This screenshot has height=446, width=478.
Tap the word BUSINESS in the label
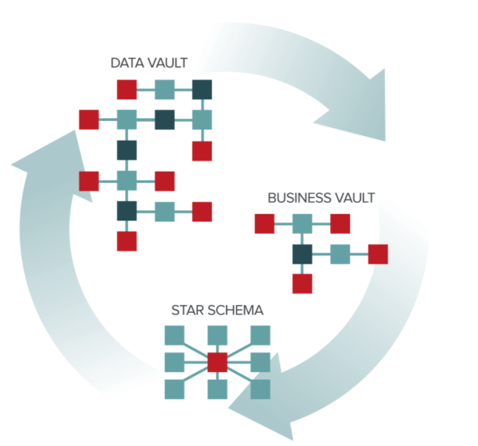tap(293, 198)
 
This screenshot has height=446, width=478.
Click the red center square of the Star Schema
tap(218, 362)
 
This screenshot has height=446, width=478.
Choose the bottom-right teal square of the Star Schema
tap(260, 388)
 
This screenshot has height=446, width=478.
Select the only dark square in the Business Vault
tap(302, 254)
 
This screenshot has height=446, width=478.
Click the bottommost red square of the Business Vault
tap(302, 283)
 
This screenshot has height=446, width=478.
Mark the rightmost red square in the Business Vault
tap(378, 254)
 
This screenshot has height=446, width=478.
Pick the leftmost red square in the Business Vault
tap(264, 223)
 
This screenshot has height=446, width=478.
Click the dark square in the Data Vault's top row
tap(202, 89)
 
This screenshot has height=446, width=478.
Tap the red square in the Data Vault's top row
tap(126, 89)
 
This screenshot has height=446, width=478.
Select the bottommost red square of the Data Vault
tap(126, 241)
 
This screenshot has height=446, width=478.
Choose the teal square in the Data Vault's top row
tap(164, 89)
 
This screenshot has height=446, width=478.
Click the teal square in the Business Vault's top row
tap(302, 223)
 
